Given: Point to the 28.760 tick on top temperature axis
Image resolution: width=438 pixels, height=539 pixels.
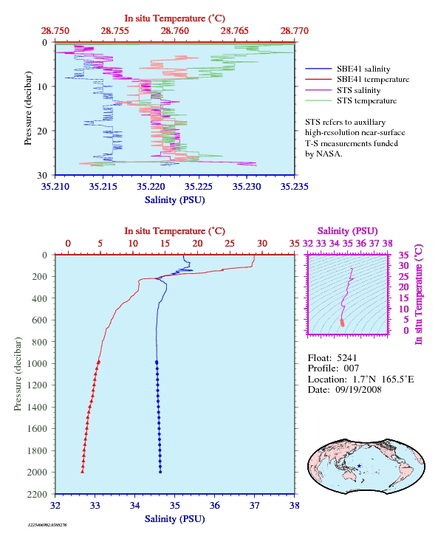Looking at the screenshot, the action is pyautogui.click(x=174, y=31).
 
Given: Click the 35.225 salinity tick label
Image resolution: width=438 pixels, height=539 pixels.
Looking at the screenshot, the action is pyautogui.click(x=199, y=187).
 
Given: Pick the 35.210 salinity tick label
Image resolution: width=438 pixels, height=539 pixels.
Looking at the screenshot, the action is pyautogui.click(x=55, y=187).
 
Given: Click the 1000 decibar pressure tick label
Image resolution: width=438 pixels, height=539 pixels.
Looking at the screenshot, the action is pyautogui.click(x=37, y=364).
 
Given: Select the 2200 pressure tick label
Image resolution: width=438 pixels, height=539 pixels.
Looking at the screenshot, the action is pyautogui.click(x=37, y=494).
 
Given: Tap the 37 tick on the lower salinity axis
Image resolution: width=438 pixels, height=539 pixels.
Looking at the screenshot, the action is pyautogui.click(x=254, y=506).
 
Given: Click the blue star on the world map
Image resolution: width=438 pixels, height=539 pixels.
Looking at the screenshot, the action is pyautogui.click(x=359, y=466).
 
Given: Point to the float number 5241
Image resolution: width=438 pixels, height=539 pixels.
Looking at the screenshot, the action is pyautogui.click(x=346, y=358).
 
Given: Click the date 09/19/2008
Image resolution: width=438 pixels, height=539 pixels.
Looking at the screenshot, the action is pyautogui.click(x=358, y=389).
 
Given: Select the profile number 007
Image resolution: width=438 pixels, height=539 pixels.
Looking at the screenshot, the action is pyautogui.click(x=352, y=368).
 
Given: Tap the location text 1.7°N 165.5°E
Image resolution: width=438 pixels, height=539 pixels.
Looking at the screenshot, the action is pyautogui.click(x=383, y=380).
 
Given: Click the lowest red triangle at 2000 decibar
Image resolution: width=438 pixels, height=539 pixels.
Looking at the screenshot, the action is pyautogui.click(x=83, y=472).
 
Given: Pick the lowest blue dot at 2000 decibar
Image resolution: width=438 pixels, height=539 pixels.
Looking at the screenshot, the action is pyautogui.click(x=160, y=472).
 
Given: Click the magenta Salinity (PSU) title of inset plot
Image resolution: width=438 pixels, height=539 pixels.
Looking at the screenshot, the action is pyautogui.click(x=348, y=231).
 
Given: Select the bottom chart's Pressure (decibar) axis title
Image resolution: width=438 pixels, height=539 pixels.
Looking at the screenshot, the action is pyautogui.click(x=18, y=374).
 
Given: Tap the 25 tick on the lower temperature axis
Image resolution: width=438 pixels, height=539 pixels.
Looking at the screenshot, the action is pyautogui.click(x=230, y=244).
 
